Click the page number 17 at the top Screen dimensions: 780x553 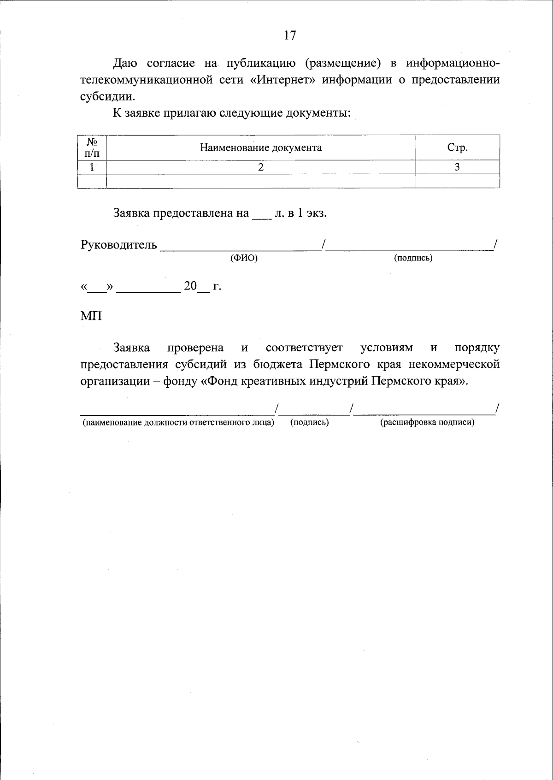point(290,35)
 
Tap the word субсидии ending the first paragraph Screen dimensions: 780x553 point(106,96)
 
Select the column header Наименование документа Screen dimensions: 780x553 point(260,148)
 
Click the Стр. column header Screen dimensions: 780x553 point(457,148)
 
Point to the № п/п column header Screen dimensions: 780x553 point(92,148)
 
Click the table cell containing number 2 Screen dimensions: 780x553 point(261,167)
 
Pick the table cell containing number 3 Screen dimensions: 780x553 point(457,167)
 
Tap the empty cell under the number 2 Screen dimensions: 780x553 point(261,181)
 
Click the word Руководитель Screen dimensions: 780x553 point(118,245)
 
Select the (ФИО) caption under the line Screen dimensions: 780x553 point(244,258)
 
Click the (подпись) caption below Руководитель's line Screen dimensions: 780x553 point(413,258)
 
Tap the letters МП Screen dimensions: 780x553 point(91,317)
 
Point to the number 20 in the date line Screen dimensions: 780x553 point(190,286)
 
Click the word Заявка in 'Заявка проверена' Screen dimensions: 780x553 point(131,348)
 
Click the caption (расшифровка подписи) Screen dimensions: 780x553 point(427,422)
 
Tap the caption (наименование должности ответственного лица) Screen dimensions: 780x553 point(178,422)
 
